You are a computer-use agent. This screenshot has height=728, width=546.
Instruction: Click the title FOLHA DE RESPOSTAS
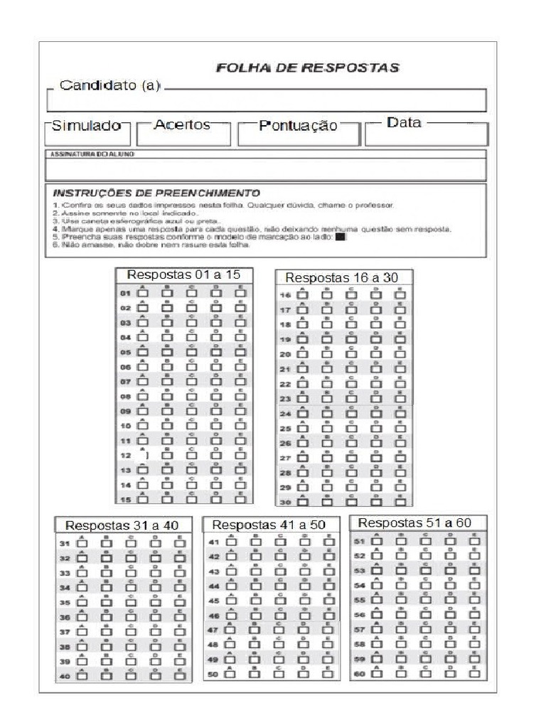[307, 68]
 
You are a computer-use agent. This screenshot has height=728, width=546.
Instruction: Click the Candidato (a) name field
[267, 100]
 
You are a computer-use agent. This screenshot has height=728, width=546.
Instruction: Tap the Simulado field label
[86, 125]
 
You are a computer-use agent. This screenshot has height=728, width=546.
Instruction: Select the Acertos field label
[182, 124]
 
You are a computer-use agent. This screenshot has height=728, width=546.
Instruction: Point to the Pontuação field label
[298, 126]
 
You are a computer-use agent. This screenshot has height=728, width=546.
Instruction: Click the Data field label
[404, 122]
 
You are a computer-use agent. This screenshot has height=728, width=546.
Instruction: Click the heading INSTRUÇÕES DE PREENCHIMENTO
[156, 193]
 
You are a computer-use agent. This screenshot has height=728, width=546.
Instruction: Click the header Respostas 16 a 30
[342, 277]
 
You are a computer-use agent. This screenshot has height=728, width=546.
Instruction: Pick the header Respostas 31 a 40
[122, 525]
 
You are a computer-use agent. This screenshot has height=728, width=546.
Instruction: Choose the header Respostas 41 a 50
[269, 525]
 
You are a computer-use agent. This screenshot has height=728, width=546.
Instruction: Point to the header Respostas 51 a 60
[414, 523]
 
